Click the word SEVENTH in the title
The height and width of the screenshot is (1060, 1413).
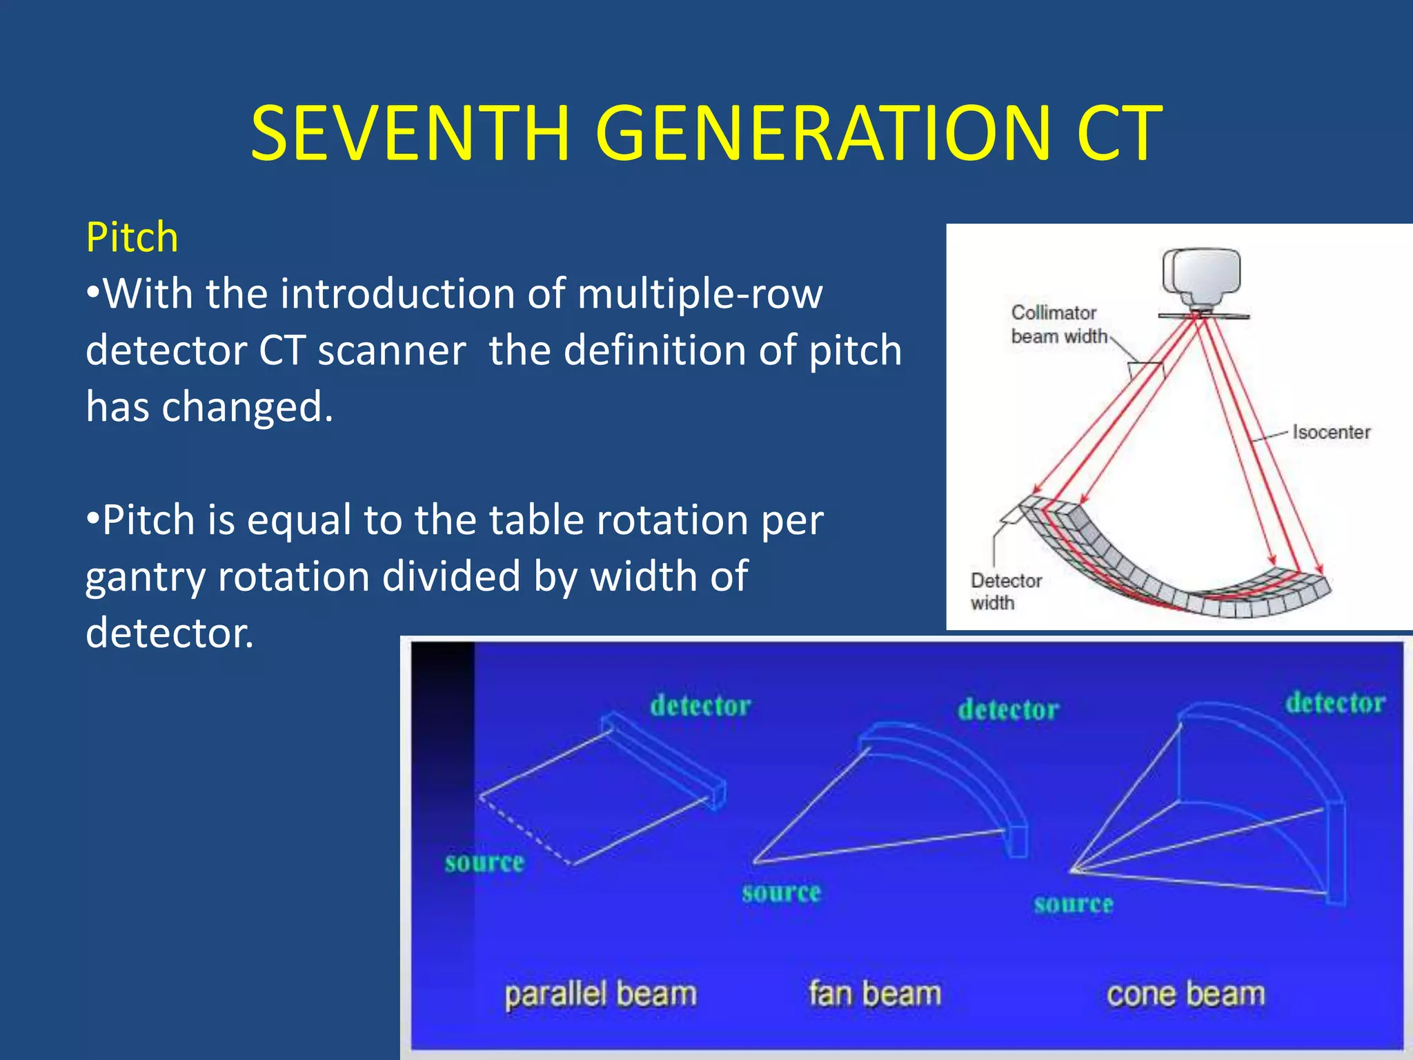pyautogui.click(x=410, y=133)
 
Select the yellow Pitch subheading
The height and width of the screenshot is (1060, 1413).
pyautogui.click(x=132, y=238)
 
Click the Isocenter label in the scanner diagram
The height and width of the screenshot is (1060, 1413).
pyautogui.click(x=1331, y=433)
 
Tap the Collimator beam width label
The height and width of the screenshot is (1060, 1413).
pyautogui.click(x=1058, y=324)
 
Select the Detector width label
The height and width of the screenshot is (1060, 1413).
pyautogui.click(x=1005, y=591)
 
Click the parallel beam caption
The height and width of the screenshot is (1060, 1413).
pyautogui.click(x=600, y=994)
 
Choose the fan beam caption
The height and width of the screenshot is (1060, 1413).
pyautogui.click(x=875, y=994)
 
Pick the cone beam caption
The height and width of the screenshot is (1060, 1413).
pyautogui.click(x=1185, y=994)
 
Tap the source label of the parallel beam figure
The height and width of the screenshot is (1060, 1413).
pyautogui.click(x=484, y=863)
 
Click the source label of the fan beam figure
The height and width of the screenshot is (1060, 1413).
pyautogui.click(x=781, y=893)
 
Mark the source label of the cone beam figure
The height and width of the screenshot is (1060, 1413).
pyautogui.click(x=1073, y=904)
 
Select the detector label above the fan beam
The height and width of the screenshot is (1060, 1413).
pyautogui.click(x=1008, y=710)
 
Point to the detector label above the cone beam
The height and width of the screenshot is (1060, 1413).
pyautogui.click(x=1335, y=703)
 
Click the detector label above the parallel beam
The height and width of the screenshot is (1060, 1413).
pyautogui.click(x=700, y=706)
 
